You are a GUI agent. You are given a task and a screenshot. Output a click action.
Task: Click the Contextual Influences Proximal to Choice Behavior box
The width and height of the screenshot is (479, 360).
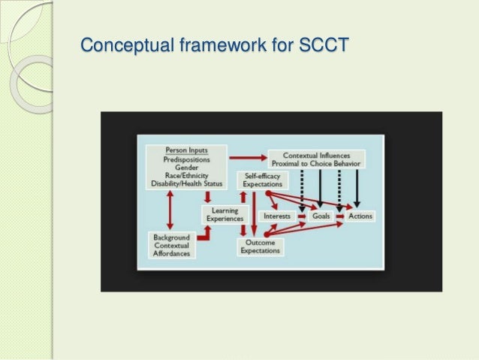pos(315,159)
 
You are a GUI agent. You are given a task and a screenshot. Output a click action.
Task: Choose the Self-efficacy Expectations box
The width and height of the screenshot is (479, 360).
pos(261,180)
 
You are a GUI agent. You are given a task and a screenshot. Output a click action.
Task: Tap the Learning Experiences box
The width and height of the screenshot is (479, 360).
pos(224,215)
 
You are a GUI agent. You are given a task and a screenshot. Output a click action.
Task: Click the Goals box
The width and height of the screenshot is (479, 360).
pos(321,216)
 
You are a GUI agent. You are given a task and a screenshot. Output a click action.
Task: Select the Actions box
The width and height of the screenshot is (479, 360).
pos(360,216)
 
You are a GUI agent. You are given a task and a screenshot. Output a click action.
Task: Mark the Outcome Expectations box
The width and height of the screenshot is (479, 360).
pos(261,247)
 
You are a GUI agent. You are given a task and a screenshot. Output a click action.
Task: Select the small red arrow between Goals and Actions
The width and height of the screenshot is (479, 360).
pos(339,216)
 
